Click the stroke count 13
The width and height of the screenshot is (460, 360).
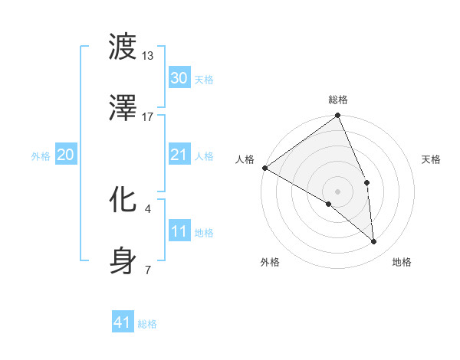pos(148,56)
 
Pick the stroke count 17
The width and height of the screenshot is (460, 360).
pos(148,117)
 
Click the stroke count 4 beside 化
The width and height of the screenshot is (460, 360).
pos(148,208)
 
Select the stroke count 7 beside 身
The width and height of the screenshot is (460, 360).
pos(148,270)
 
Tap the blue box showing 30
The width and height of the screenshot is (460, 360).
pos(179,78)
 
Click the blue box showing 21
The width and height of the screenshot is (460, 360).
pos(179,155)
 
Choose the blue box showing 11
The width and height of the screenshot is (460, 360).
pos(179,231)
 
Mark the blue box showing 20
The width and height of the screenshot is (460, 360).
pos(65,155)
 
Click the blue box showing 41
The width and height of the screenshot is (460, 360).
pos(123,322)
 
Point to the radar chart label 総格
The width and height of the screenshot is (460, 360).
pos(338,100)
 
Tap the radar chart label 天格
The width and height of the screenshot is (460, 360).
pos(432,159)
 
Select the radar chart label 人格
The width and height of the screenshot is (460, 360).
pos(245,159)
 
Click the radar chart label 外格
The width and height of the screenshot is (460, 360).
pos(270,262)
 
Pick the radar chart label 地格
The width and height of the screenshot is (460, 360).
pos(402,262)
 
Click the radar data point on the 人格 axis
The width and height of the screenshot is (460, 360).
pos(264,168)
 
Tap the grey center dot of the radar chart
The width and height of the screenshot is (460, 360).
pos(337,191)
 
